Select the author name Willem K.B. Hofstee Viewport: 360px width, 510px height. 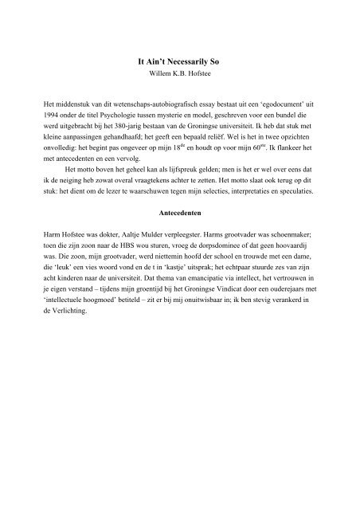pyautogui.click(x=179, y=73)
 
